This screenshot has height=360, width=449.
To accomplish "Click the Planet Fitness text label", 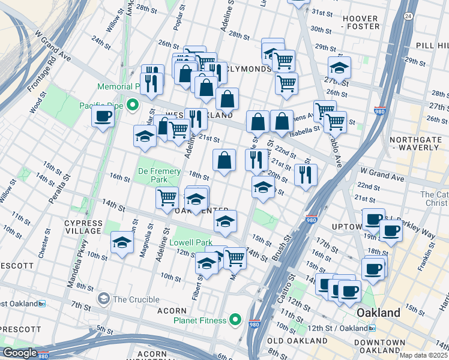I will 200,320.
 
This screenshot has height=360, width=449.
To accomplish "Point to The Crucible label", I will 136,299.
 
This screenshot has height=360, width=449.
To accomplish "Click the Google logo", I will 20,353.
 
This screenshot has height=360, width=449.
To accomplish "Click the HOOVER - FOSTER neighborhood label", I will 361,22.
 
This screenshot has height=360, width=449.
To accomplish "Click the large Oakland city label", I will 378,313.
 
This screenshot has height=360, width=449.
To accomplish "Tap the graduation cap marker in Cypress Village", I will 122,242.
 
